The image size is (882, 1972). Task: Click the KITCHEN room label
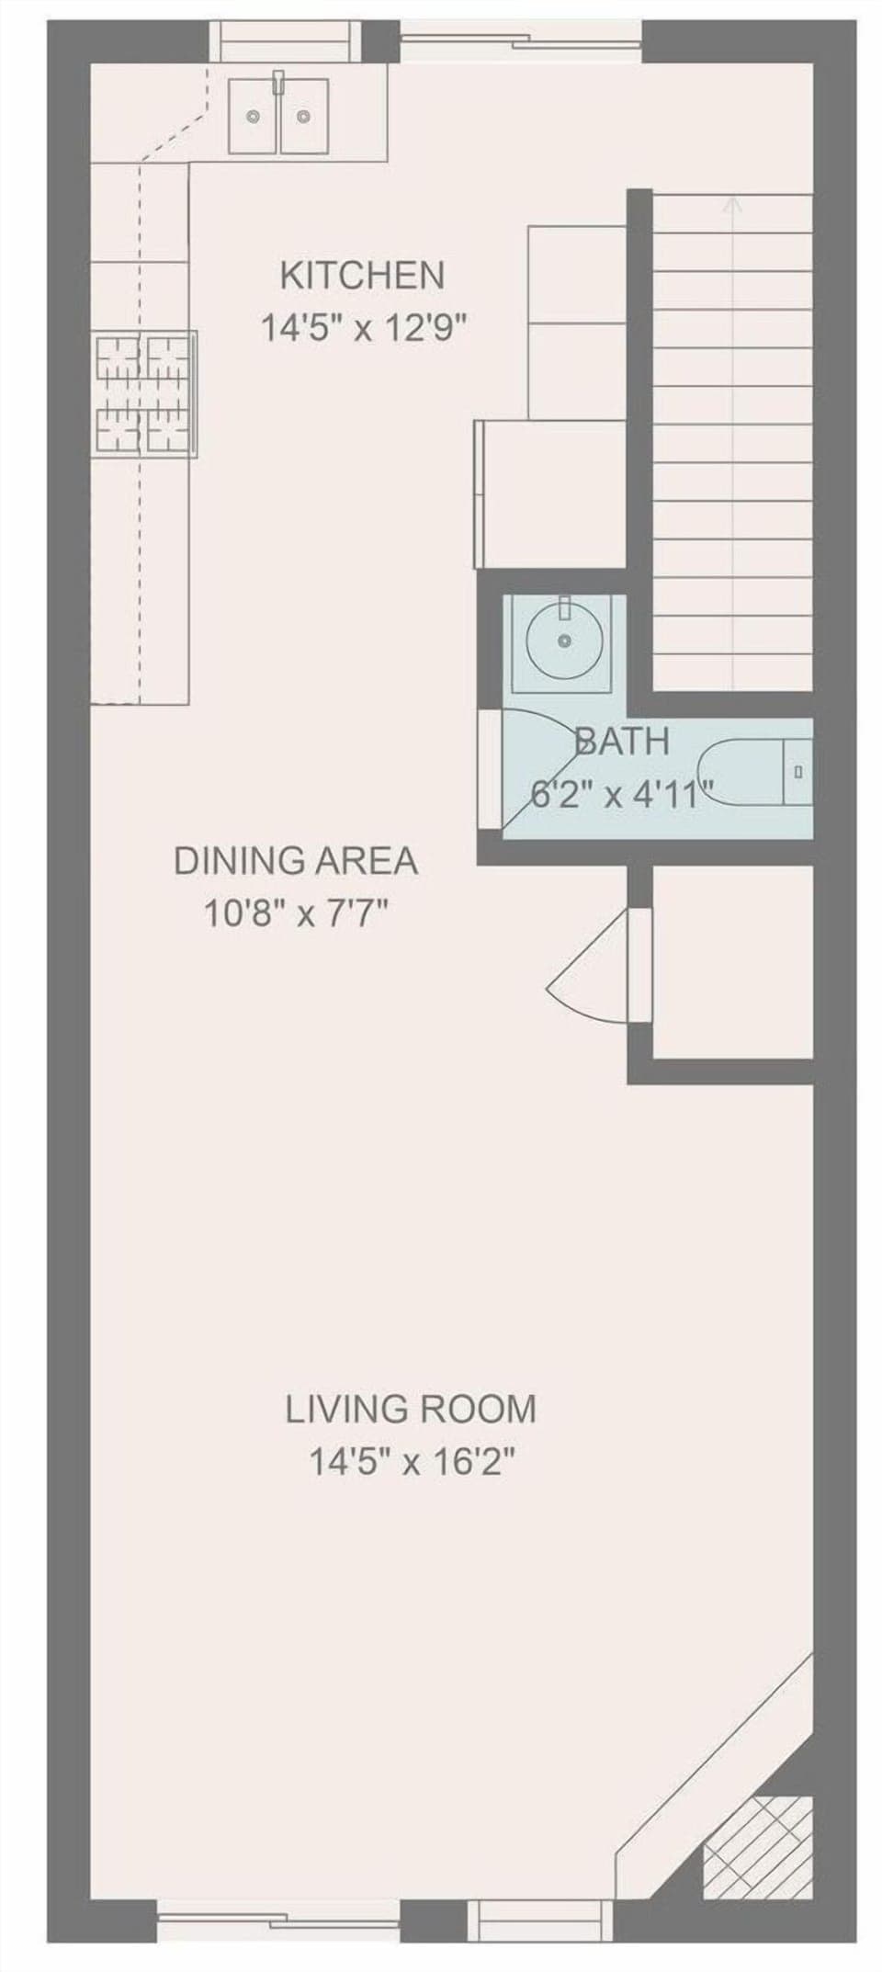[361, 275]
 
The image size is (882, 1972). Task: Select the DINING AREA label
[295, 861]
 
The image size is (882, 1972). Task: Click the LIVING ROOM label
[410, 1409]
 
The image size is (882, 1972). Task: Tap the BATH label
[621, 741]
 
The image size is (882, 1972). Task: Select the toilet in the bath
[753, 772]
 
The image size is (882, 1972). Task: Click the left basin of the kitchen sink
[254, 116]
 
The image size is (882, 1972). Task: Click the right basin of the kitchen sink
[304, 116]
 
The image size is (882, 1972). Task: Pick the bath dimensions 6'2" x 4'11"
[623, 791]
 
